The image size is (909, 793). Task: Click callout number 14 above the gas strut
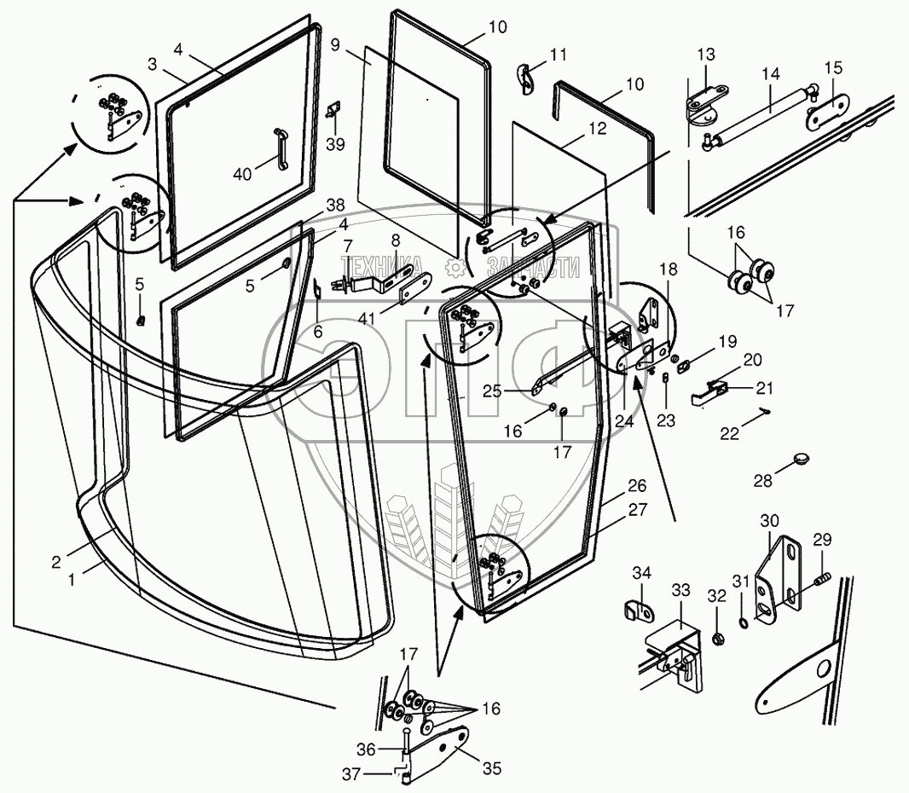coord(771,75)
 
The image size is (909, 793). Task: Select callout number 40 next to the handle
coord(243,175)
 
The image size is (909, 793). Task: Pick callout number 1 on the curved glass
coord(72,577)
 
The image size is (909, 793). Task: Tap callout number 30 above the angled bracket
coord(770,520)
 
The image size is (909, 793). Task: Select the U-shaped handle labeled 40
coord(278,146)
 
